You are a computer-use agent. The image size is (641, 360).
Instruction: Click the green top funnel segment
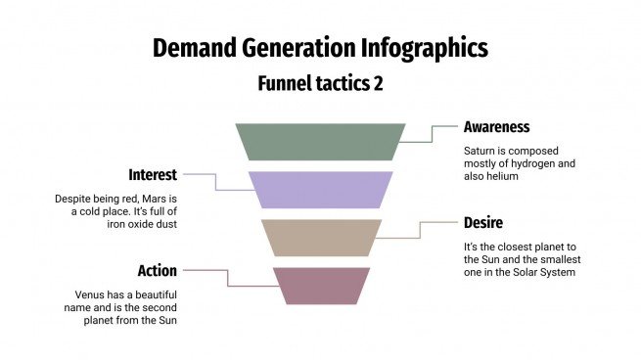(320, 141)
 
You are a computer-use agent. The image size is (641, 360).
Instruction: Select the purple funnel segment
(320, 189)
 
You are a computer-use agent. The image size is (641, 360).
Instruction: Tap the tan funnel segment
(320, 238)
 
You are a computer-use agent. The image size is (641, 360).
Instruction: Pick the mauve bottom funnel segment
(320, 285)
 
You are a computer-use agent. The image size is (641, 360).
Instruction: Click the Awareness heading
(496, 127)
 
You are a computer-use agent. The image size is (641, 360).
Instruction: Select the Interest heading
(153, 175)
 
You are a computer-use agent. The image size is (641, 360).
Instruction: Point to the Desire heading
(483, 223)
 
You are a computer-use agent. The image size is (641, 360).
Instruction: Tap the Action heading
(157, 269)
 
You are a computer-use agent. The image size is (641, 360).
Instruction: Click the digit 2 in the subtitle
(378, 83)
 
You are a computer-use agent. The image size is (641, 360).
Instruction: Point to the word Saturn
(480, 151)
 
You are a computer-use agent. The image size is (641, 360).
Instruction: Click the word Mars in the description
(157, 199)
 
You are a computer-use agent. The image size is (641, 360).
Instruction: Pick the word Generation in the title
(310, 48)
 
